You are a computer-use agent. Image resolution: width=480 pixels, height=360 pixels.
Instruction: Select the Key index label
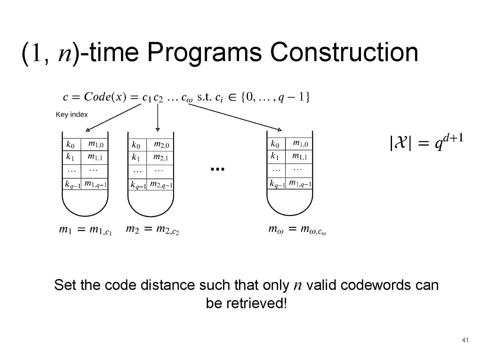click(x=72, y=115)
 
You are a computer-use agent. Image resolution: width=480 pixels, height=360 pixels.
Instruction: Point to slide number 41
click(x=465, y=340)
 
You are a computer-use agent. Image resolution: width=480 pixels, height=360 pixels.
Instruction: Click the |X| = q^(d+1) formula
click(x=426, y=142)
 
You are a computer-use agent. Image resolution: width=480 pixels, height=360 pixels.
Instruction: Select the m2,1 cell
click(x=161, y=157)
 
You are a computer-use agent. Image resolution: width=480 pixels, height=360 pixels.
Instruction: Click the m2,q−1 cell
click(x=161, y=185)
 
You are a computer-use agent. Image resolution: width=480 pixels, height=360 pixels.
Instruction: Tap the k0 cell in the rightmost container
click(x=275, y=144)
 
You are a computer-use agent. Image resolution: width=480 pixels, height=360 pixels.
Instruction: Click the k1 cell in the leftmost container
click(x=70, y=157)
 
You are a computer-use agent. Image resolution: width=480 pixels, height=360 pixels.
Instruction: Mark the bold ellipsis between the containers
click(x=218, y=169)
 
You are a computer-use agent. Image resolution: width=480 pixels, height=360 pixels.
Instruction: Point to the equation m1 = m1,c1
click(x=85, y=230)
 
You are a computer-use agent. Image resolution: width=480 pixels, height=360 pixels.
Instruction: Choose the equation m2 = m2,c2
click(x=152, y=230)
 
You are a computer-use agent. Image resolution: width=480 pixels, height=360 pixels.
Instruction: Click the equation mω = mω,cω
click(x=297, y=230)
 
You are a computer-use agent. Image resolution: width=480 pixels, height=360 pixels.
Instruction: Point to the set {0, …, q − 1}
click(x=275, y=97)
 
